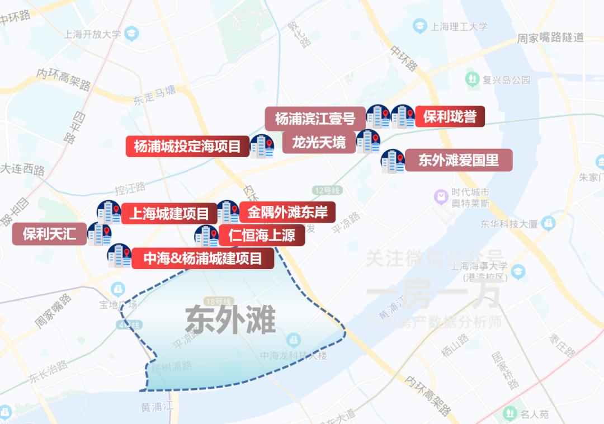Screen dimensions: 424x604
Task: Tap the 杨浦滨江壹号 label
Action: tap(315, 119)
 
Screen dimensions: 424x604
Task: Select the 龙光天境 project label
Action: tap(319, 142)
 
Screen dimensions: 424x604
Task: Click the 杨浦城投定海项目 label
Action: tap(187, 147)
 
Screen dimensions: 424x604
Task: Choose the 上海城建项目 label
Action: tap(169, 213)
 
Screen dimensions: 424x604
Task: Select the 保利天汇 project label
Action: tap(50, 234)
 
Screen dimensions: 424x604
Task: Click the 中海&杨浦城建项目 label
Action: tap(202, 258)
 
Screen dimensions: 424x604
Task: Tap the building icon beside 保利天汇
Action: tap(100, 234)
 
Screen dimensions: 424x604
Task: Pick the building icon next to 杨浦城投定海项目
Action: tap(262, 146)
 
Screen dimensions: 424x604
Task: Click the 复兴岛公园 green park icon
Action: tap(473, 79)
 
